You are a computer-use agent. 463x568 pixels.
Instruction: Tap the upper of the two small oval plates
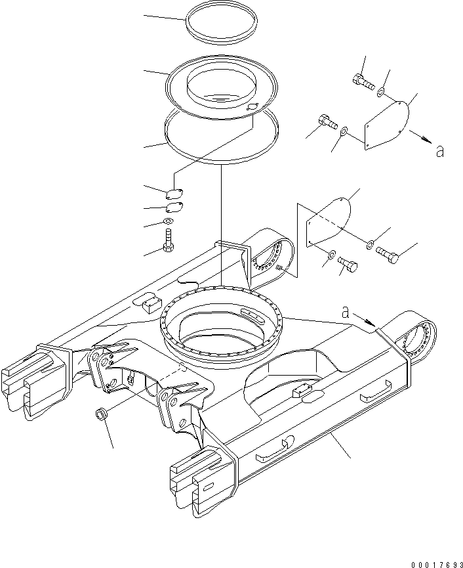[x=174, y=193]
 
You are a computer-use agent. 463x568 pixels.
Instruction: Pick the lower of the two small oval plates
[x=174, y=208]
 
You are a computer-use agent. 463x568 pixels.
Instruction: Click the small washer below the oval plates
[x=169, y=222]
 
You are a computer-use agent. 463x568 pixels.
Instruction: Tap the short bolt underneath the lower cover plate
[x=347, y=265]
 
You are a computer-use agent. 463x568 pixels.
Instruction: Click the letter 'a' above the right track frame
[x=346, y=312]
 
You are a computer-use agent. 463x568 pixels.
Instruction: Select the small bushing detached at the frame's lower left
[x=102, y=415]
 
